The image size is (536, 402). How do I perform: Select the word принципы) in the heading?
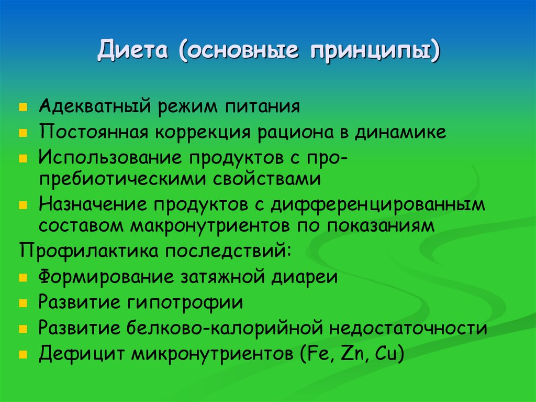374,53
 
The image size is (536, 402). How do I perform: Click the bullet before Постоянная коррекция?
23,134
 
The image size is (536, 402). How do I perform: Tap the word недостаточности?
408,328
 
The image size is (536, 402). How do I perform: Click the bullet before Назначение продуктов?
23,206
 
